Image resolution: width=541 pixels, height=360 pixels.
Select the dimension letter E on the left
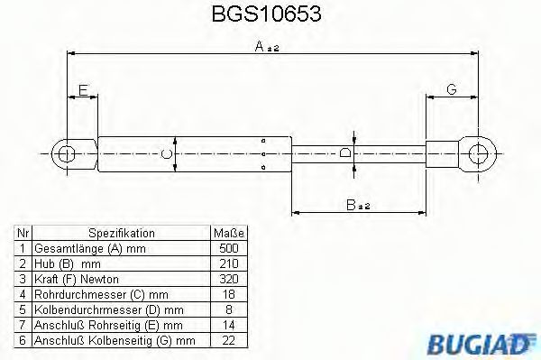[x=83, y=90]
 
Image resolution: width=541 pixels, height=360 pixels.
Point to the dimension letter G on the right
[x=451, y=90]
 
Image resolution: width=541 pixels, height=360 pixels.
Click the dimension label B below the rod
[x=353, y=207]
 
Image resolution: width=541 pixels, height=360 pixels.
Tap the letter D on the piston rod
[x=345, y=153]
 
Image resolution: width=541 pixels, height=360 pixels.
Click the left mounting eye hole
[x=65, y=153]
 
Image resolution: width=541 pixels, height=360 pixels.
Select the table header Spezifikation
[x=122, y=233]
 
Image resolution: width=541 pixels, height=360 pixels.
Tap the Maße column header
[x=229, y=233]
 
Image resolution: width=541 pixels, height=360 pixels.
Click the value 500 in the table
[x=229, y=248]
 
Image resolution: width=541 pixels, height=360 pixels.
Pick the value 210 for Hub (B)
[x=229, y=263]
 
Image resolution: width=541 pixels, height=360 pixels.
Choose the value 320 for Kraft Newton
[x=229, y=279]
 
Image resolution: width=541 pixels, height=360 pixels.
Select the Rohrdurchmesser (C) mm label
[x=98, y=294]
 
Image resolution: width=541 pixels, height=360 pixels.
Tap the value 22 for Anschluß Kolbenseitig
[x=229, y=340]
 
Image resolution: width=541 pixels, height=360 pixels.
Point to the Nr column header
[x=23, y=233]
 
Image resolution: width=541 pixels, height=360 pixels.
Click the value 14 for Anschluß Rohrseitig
[x=229, y=325]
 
